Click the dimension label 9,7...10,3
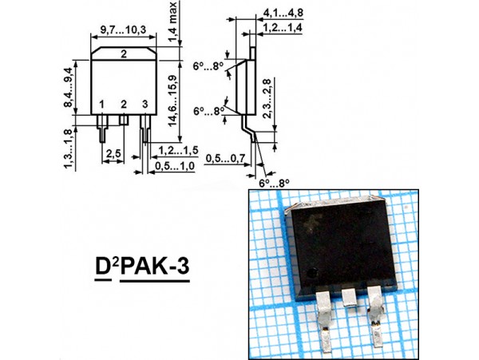[123, 30]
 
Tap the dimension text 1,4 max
[173, 22]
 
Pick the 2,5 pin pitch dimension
[113, 152]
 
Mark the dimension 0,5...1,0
[174, 166]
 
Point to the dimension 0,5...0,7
[224, 159]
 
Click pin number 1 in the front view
[102, 105]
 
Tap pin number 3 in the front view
[144, 105]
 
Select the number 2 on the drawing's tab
[124, 54]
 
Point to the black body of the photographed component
[339, 247]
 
